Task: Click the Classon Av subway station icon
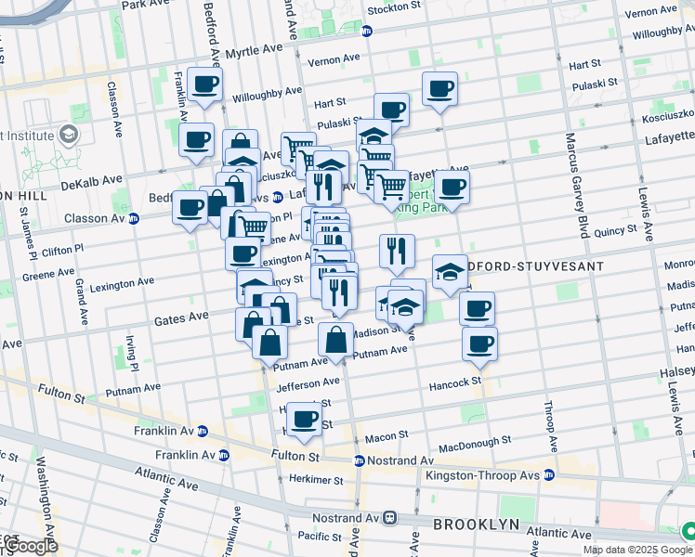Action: click(134, 219)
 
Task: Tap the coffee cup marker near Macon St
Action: click(304, 419)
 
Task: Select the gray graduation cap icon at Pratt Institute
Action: click(69, 136)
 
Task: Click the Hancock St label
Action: click(455, 382)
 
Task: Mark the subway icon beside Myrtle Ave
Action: click(367, 31)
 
